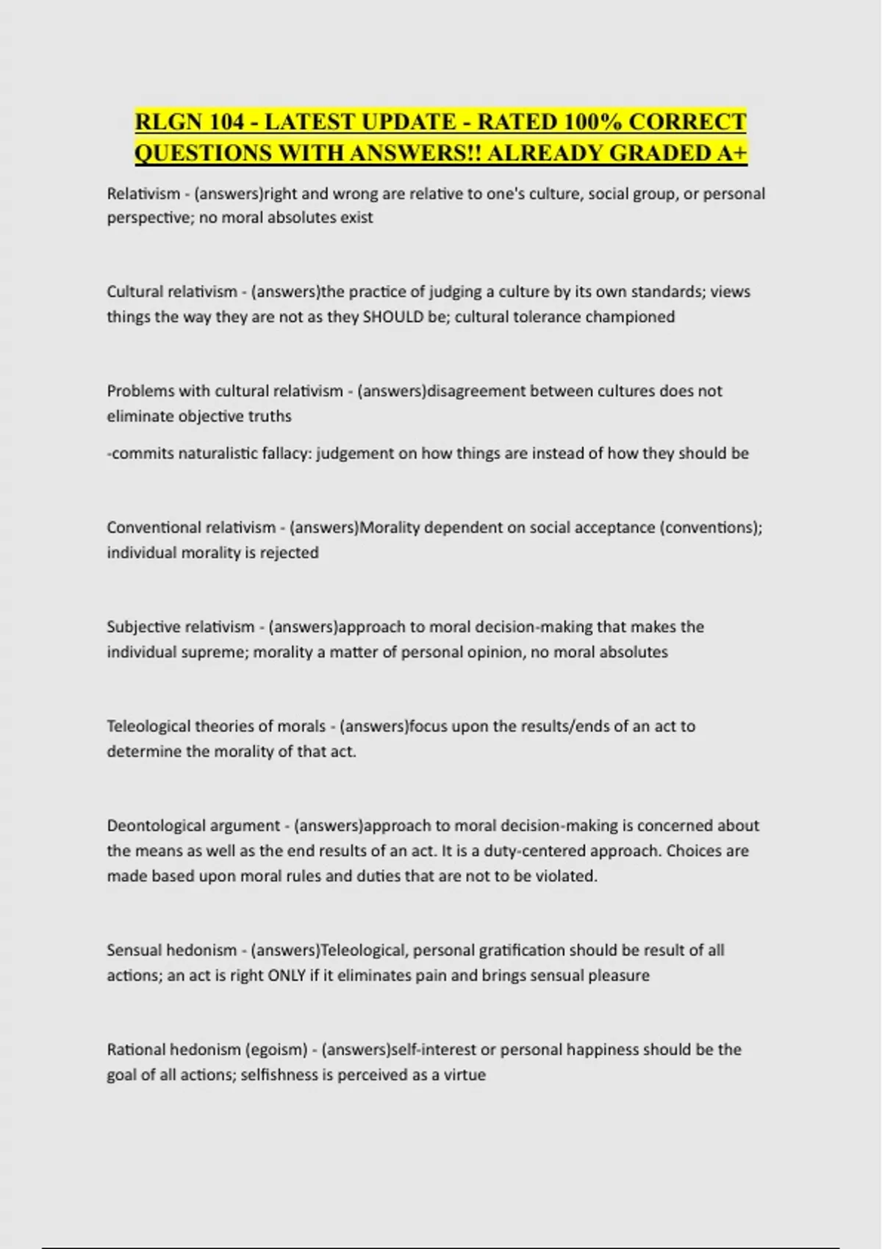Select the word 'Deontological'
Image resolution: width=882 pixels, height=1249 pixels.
click(157, 826)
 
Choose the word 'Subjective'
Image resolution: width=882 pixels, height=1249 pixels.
click(143, 627)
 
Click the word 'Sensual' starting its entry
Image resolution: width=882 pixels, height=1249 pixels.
click(135, 950)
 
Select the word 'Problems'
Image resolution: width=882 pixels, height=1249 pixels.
click(137, 391)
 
